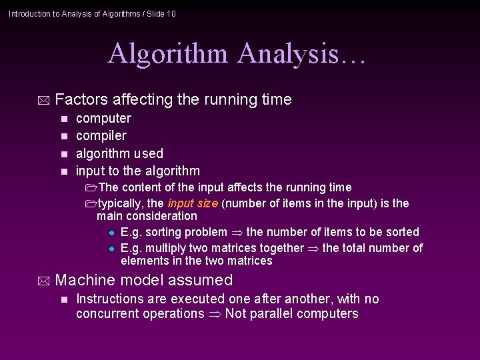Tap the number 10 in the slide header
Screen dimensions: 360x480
click(171, 13)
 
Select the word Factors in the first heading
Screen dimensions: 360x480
click(82, 100)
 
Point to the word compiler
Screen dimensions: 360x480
click(101, 136)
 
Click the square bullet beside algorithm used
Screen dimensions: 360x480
click(64, 154)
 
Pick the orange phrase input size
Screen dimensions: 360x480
click(193, 203)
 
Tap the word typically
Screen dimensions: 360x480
click(121, 203)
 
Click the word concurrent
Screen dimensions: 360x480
click(107, 313)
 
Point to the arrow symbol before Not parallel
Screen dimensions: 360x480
click(215, 314)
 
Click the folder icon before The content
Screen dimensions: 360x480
click(91, 187)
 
